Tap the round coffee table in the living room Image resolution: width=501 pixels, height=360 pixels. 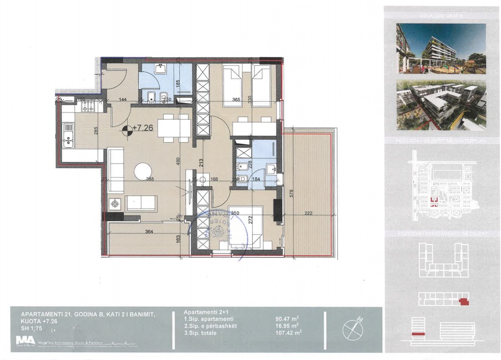(143, 170)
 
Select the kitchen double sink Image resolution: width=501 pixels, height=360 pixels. (68, 136)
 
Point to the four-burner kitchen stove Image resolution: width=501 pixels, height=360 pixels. (87, 106)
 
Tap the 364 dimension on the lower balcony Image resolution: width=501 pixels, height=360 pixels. (148, 231)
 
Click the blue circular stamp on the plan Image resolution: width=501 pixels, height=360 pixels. (217, 230)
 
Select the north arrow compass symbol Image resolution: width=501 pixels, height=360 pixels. (353, 330)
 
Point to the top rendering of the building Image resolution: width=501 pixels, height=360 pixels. (441, 49)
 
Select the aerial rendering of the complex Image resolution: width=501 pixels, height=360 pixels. (441, 105)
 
